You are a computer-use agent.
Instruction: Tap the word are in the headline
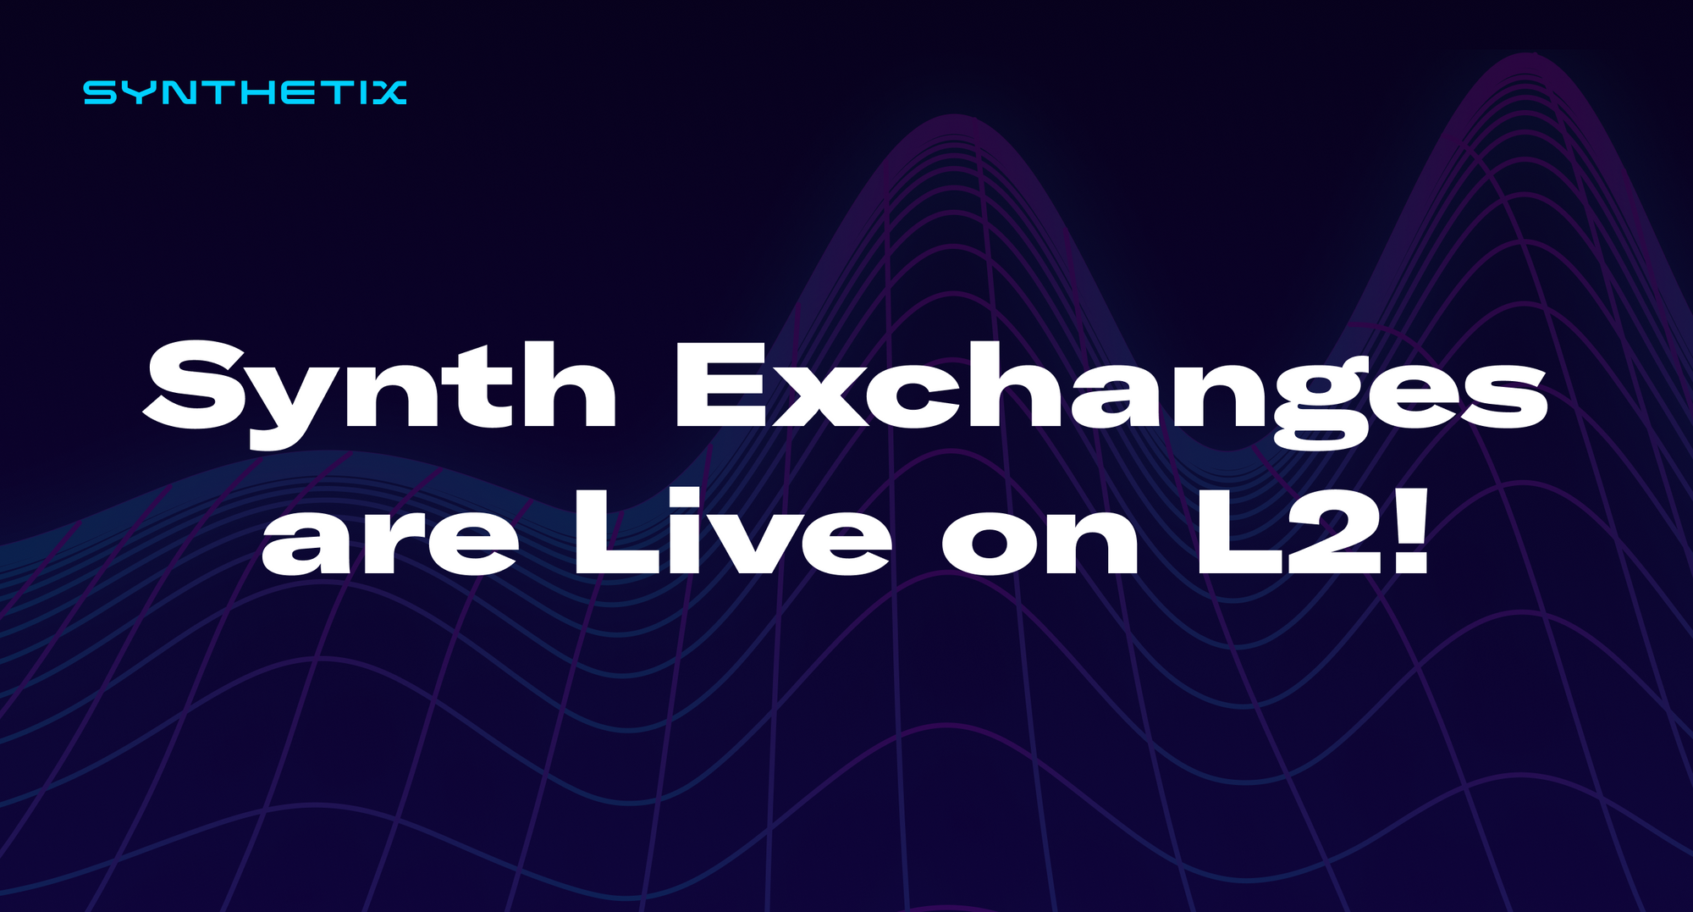(x=389, y=539)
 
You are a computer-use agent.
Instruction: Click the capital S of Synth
(x=196, y=385)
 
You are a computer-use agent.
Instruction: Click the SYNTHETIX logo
(x=245, y=92)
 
